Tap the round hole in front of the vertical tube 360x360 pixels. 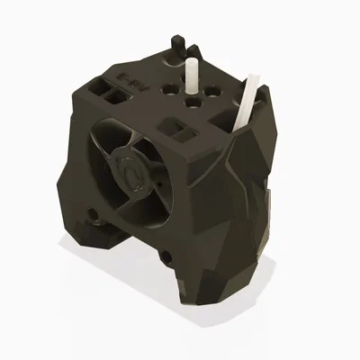coord(191,103)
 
